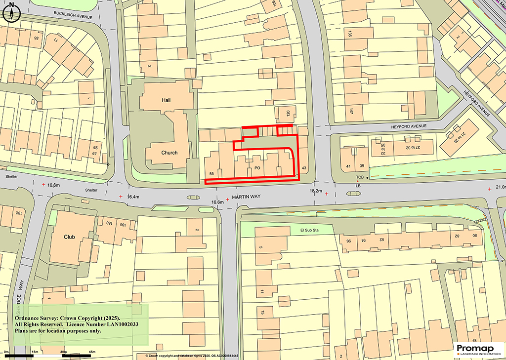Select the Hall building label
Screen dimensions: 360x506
tap(166, 100)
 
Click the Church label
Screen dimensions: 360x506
tap(169, 153)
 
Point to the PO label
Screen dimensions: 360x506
tap(257, 168)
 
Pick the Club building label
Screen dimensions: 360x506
tap(69, 237)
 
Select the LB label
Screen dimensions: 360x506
tap(358, 186)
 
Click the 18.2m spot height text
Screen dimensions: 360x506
tap(315, 191)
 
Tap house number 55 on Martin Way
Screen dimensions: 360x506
tap(211, 174)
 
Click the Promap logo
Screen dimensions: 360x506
tap(477, 349)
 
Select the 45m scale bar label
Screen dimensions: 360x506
tap(91, 351)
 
